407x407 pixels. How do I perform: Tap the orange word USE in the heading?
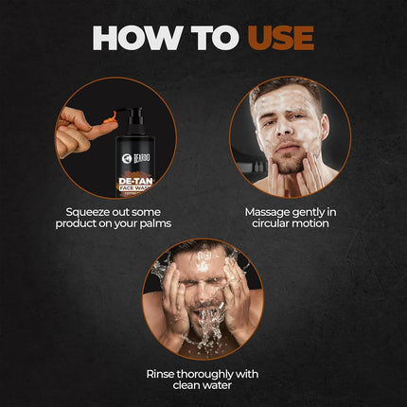(279, 37)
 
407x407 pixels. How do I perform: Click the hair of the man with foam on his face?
(284, 88)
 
